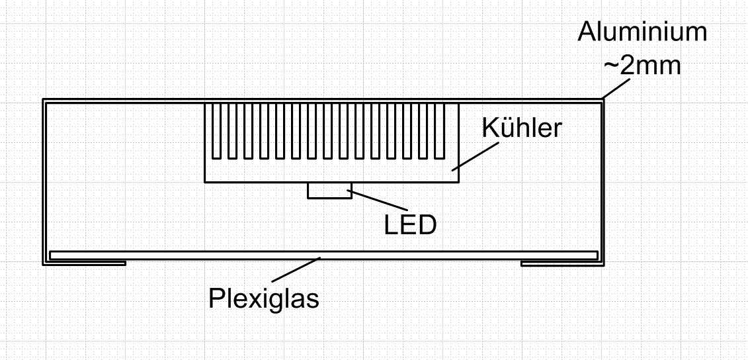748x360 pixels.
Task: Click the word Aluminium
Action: click(642, 32)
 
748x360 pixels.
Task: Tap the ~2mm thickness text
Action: click(642, 66)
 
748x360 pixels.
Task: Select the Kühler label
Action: click(522, 128)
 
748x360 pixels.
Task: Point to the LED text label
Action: click(411, 225)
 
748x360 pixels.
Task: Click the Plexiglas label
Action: click(264, 298)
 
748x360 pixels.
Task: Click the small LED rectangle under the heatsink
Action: click(329, 191)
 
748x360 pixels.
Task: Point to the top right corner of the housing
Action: click(602, 101)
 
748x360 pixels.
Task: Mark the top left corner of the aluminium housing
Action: click(44, 101)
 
